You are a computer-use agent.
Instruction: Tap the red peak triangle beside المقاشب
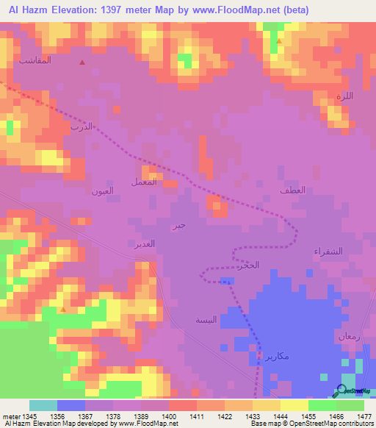(x=82, y=63)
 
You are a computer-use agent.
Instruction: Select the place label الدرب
(x=81, y=126)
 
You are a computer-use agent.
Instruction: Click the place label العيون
(x=102, y=191)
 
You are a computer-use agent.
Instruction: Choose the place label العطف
(x=292, y=190)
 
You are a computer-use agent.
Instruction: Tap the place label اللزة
(x=344, y=96)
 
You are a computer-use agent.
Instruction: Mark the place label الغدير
(x=144, y=243)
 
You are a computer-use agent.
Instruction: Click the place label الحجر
(x=250, y=265)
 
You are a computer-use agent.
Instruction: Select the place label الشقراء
(x=328, y=250)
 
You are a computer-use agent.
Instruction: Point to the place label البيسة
(x=206, y=320)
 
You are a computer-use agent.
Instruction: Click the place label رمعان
(x=348, y=335)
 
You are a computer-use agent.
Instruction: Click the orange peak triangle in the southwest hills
(x=63, y=310)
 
